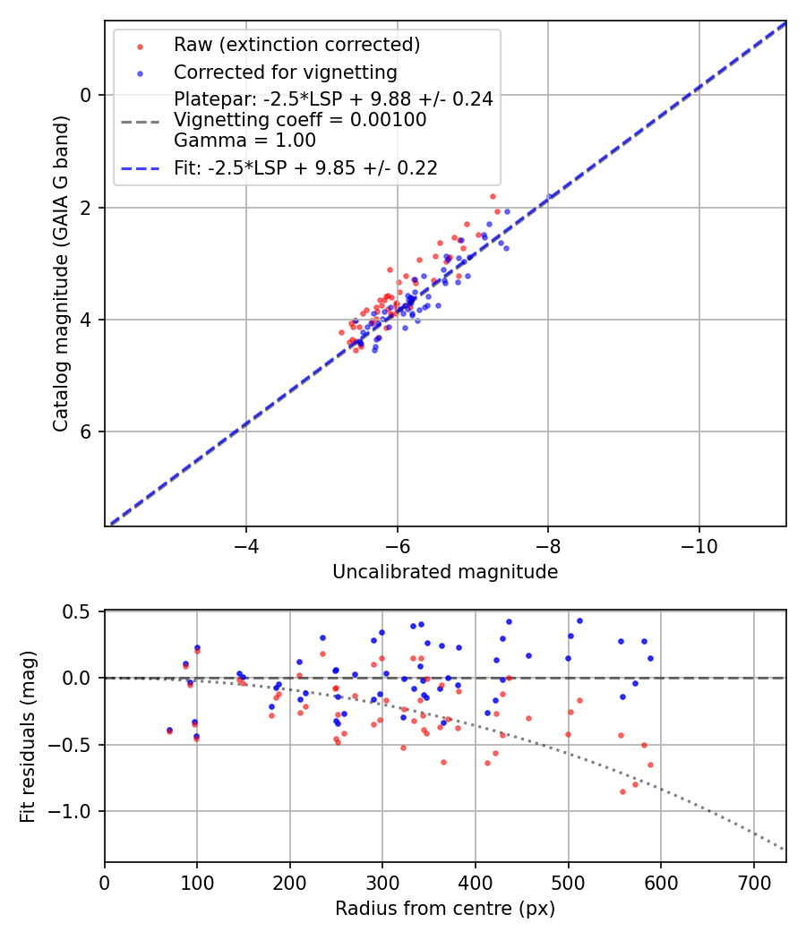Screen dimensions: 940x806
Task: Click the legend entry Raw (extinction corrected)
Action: [296, 45]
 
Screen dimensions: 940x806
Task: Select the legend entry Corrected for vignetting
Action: [286, 72]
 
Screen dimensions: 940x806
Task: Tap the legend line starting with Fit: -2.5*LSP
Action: [305, 167]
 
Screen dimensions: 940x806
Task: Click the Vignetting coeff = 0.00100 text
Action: [300, 120]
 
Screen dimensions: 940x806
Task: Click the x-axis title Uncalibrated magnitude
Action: [445, 572]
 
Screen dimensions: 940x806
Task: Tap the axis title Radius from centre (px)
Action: [445, 909]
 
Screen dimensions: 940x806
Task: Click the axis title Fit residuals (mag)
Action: [28, 737]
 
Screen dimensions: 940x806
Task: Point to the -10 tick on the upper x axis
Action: [699, 545]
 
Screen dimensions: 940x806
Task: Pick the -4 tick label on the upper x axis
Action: [246, 545]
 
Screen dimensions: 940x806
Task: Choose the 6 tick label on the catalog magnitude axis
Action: [87, 432]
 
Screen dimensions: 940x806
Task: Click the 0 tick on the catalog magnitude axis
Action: [87, 95]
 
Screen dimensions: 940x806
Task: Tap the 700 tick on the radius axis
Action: [753, 881]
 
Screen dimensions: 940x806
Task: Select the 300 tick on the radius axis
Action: [382, 881]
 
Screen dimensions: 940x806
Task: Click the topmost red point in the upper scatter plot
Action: [493, 196]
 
